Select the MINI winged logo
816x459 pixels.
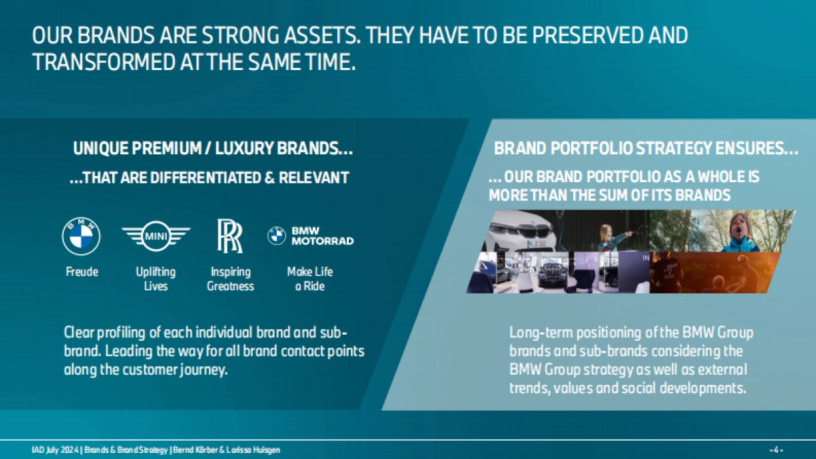click(156, 236)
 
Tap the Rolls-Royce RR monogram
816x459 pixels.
click(230, 236)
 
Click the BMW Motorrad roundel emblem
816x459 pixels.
click(277, 235)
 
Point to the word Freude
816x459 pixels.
click(82, 272)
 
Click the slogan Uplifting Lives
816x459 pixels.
click(156, 279)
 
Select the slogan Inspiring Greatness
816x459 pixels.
click(231, 279)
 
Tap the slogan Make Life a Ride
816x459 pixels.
click(310, 279)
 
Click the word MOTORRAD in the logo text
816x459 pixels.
click(323, 241)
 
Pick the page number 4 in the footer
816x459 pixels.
click(776, 450)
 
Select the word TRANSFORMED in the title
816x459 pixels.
click(104, 62)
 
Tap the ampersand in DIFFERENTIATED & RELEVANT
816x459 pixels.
click(269, 177)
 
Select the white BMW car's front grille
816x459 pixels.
click(534, 231)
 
